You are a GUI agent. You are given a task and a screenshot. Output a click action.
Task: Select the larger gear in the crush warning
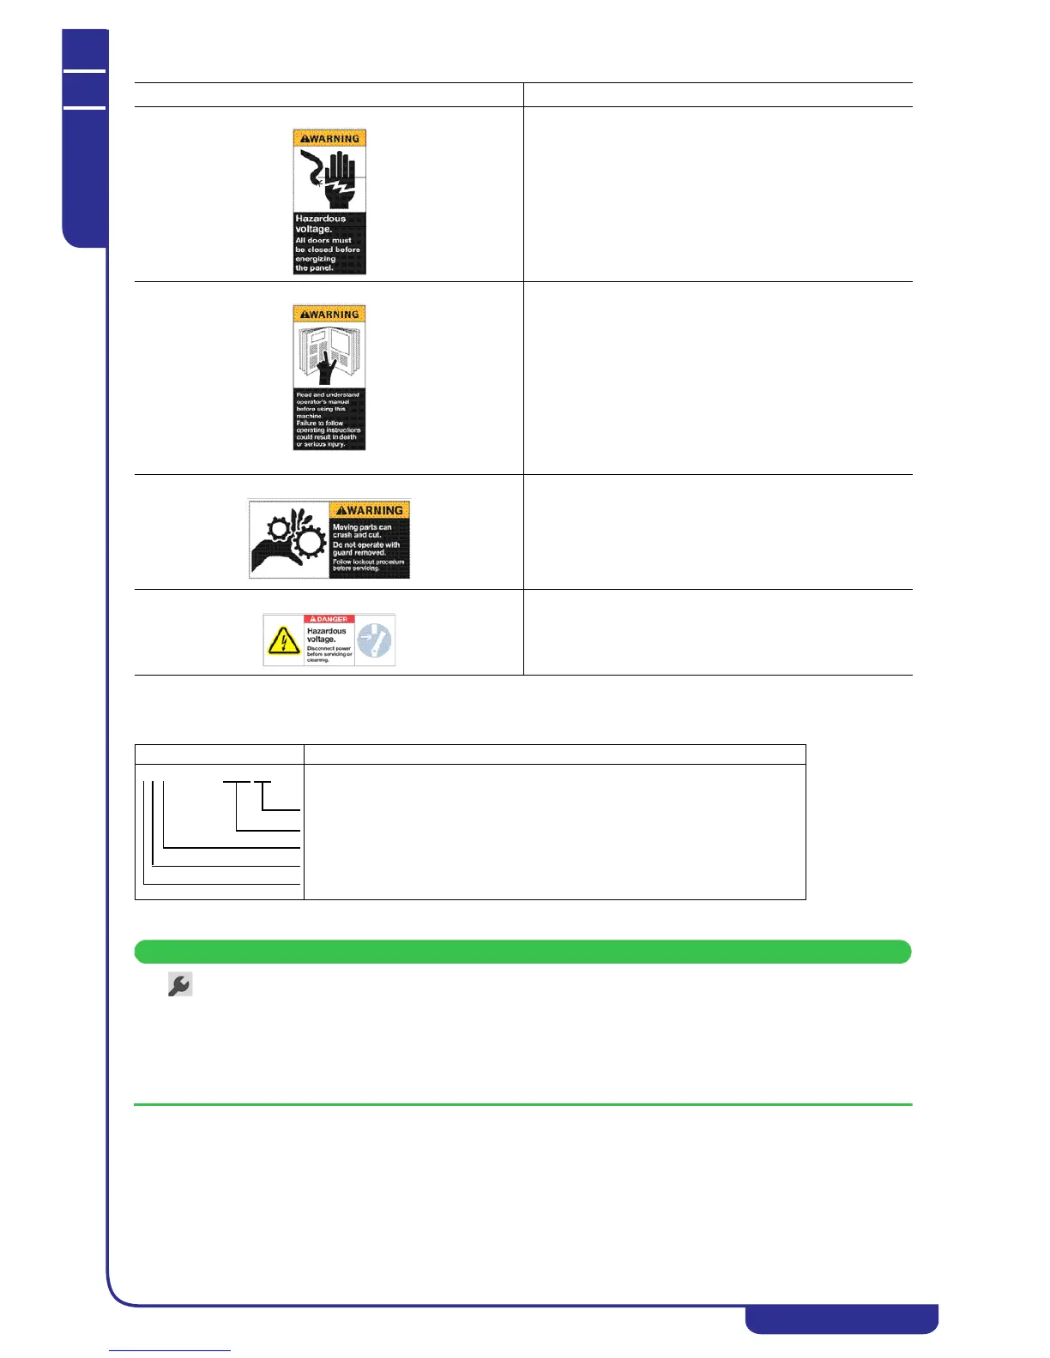(309, 544)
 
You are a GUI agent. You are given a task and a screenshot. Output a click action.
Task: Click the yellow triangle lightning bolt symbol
(284, 640)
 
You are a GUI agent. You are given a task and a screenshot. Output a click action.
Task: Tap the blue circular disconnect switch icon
(374, 640)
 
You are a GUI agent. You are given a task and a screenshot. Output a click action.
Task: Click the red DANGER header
(329, 619)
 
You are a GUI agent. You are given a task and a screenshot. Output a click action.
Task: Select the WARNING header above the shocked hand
(329, 139)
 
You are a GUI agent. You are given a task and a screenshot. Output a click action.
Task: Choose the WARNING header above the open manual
(329, 315)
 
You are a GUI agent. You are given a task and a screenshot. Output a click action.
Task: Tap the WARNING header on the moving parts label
(370, 510)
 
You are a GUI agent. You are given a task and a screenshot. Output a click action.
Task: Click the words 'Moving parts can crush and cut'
(362, 531)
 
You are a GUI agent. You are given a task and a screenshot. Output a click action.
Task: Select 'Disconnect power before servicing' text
(329, 654)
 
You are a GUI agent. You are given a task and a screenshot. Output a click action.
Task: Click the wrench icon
(179, 985)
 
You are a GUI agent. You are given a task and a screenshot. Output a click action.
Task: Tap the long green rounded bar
(522, 952)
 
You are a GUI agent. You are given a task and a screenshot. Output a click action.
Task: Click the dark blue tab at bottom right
(841, 1319)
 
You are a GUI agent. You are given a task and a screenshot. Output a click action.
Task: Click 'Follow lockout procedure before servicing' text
(368, 565)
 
